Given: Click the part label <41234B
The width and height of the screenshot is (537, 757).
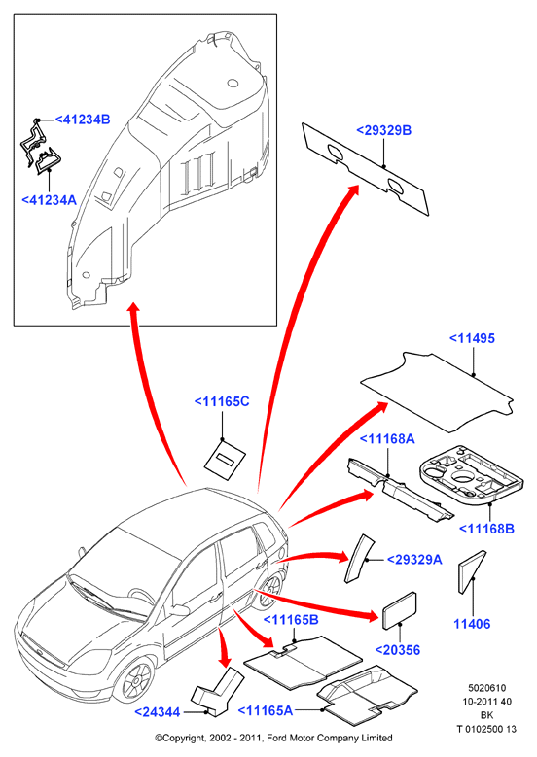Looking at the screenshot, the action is [83, 120].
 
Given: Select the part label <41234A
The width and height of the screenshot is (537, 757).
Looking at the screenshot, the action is [50, 200].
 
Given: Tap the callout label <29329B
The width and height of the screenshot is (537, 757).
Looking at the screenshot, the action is [383, 130].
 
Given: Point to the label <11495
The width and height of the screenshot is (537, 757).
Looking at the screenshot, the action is [472, 338].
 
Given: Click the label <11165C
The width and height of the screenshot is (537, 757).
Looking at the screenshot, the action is [222, 401].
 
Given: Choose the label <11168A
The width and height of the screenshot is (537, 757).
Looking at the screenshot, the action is [387, 439].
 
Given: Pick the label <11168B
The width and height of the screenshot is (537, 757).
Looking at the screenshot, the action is [486, 529].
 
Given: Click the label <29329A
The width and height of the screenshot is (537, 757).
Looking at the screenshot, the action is [414, 560].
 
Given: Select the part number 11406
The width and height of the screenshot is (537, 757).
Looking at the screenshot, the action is [472, 624].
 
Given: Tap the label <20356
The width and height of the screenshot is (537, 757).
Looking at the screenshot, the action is [398, 650].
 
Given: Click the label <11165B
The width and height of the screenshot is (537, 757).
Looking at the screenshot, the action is [291, 620].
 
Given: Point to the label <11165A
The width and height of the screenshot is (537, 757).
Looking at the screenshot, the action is [266, 710].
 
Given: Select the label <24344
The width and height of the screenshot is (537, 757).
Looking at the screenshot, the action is [157, 712].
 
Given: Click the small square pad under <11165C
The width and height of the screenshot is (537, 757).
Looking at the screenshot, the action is [226, 459].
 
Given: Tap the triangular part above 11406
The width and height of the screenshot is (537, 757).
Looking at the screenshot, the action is [470, 571].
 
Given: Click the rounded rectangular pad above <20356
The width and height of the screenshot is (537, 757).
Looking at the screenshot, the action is [399, 610].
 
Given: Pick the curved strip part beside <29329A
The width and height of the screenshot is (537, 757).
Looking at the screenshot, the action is [358, 558].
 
